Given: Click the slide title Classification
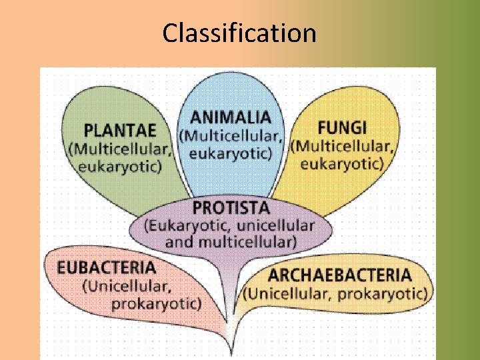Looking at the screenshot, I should [x=239, y=33].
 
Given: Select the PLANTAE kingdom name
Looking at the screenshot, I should [x=120, y=130].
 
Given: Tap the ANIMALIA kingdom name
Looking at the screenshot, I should [x=231, y=118].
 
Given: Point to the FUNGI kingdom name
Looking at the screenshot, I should [x=342, y=127].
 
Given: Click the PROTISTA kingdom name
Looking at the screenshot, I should [x=231, y=207].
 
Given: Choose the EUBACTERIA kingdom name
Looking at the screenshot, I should [x=107, y=268].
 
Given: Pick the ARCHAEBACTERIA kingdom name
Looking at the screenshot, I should [x=339, y=275].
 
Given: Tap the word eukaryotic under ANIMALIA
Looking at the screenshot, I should [x=231, y=153].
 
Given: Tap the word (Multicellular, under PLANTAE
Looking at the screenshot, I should [x=120, y=149].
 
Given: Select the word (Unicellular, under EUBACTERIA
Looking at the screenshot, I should [x=127, y=287].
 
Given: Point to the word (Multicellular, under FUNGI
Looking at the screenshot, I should [x=342, y=146].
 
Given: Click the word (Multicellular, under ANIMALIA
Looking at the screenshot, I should [x=231, y=136].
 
